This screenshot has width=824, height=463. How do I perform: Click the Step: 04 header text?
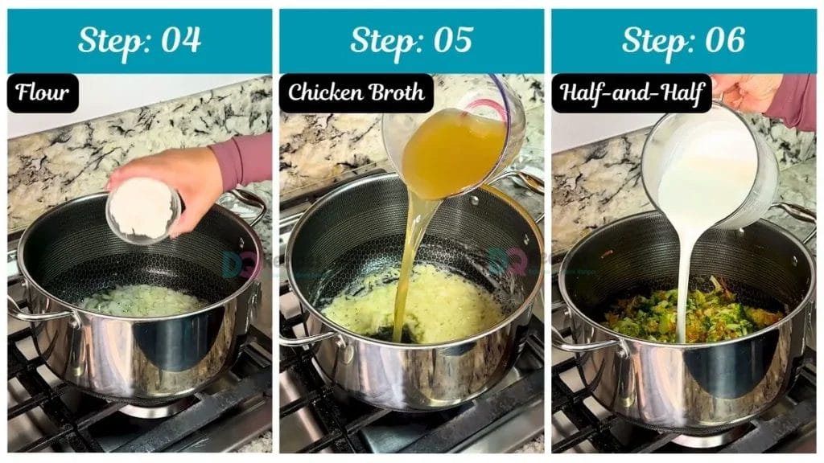(139, 40)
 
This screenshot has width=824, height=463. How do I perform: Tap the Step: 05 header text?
(411, 40)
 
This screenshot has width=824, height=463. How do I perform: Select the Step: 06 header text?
(683, 40)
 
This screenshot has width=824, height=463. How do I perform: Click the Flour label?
(43, 93)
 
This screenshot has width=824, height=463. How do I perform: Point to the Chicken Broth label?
(356, 93)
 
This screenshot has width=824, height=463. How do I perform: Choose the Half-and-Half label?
(631, 93)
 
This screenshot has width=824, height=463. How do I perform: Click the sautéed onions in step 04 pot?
(142, 301)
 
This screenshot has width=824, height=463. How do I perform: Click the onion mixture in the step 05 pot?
(435, 309)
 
